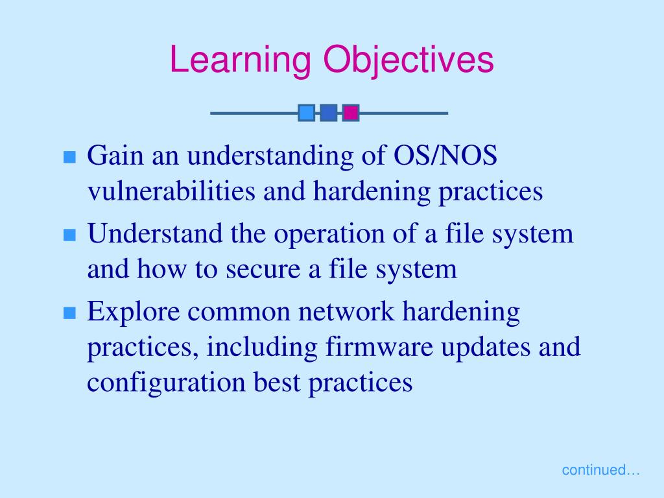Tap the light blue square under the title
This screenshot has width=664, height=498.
(306, 113)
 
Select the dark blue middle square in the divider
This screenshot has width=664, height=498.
(329, 113)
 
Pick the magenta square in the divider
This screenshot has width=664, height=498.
(351, 113)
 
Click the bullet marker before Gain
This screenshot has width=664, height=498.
(70, 157)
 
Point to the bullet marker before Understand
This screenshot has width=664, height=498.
(70, 235)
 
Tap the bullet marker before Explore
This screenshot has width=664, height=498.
(70, 313)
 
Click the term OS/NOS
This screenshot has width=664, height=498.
(445, 155)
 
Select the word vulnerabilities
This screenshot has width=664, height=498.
(171, 191)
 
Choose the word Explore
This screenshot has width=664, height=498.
(134, 312)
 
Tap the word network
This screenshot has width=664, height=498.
(346, 311)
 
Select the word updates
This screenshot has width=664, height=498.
(486, 348)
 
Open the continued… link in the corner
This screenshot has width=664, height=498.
(600, 469)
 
